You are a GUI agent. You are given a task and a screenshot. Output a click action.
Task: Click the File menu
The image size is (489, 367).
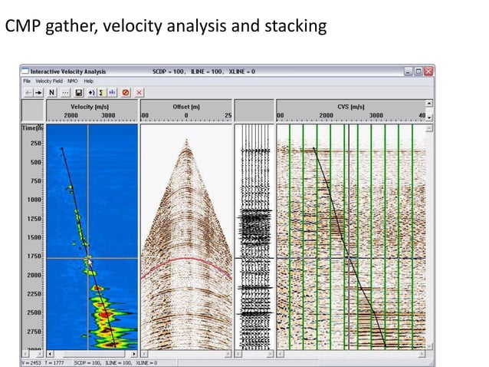26,81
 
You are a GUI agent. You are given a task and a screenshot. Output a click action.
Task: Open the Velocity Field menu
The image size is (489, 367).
48,81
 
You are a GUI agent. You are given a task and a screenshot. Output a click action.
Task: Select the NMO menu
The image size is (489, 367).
72,81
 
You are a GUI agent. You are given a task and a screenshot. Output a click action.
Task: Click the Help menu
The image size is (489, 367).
88,81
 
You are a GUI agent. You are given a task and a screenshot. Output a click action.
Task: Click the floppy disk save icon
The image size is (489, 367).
79,92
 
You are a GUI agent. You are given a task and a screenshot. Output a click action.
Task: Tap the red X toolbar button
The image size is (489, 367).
139,92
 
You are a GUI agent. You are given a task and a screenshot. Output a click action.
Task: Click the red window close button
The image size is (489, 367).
428,71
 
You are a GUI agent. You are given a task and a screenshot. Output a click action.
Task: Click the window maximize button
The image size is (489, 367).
418,71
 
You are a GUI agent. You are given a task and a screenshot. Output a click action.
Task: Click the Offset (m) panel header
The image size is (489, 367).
185,106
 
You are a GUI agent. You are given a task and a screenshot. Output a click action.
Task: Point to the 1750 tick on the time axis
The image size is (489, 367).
35,256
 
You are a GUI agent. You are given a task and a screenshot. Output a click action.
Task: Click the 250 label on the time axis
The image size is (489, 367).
35,144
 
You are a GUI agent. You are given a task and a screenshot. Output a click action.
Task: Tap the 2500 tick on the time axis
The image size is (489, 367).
35,312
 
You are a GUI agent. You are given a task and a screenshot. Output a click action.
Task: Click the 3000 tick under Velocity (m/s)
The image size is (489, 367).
109,116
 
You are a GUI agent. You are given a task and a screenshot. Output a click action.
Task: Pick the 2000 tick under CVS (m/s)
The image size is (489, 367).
326,116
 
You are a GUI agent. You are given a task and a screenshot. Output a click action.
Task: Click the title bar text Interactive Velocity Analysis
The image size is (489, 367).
70,71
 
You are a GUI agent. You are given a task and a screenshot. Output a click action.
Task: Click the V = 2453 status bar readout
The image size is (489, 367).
31,362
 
